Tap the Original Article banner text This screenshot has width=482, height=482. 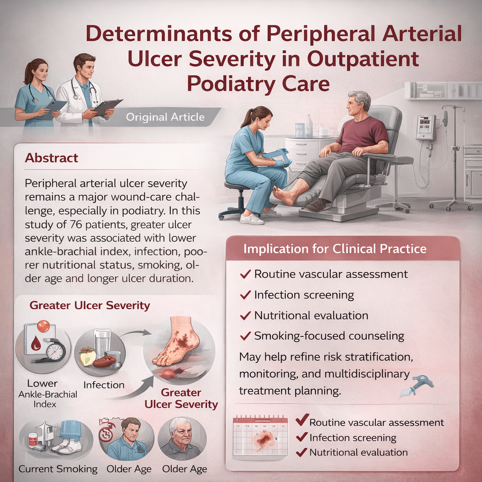(165, 117)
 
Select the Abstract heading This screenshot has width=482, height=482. (51, 158)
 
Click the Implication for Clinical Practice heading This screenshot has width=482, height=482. (335, 249)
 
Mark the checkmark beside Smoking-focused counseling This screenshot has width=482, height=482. (245, 336)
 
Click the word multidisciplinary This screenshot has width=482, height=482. (367, 374)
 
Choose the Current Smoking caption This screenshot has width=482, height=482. (58, 469)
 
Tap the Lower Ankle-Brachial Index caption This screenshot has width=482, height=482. (48, 394)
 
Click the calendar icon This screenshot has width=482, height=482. (260, 435)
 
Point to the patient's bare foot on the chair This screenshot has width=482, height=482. (285, 194)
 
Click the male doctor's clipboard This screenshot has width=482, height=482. (108, 106)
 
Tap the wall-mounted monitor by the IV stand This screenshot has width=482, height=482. (426, 127)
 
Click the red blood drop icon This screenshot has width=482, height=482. (36, 343)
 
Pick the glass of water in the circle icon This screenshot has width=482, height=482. (102, 343)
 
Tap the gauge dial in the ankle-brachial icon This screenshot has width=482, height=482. (56, 350)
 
